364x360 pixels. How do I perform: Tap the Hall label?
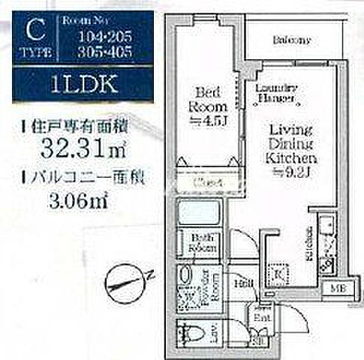point(245,283)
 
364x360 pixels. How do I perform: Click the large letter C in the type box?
point(33,31)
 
